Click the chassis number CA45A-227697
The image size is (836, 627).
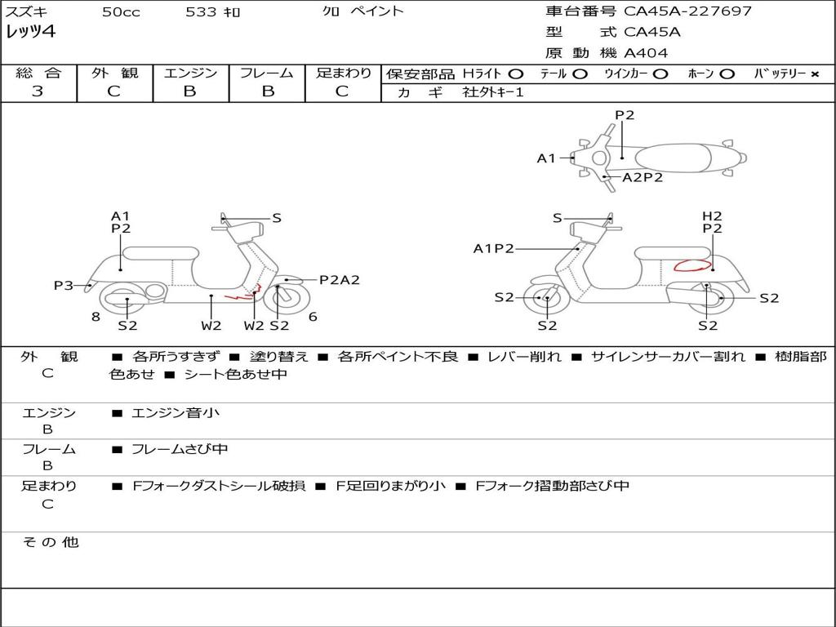[x=687, y=11]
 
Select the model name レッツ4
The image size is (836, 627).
[x=31, y=32]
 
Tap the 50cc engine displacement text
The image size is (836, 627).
[x=121, y=12]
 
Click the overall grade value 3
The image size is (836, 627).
[x=38, y=91]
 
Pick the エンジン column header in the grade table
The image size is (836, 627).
[x=190, y=73]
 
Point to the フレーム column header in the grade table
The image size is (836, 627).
[x=266, y=73]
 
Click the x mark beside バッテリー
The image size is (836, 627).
[x=814, y=74]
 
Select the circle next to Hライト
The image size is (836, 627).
[x=515, y=74]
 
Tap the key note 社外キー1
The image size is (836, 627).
[x=494, y=92]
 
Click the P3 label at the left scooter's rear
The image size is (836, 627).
[x=64, y=285]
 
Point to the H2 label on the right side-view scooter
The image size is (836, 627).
[x=712, y=216]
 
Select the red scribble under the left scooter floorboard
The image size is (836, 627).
[x=242, y=294]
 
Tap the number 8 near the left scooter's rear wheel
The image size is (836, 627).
[x=96, y=317]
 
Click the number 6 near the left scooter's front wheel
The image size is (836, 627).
[x=313, y=317]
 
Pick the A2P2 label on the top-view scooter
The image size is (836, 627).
[x=642, y=177]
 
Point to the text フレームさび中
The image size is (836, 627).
[x=180, y=449]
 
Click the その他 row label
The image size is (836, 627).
[x=51, y=542]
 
